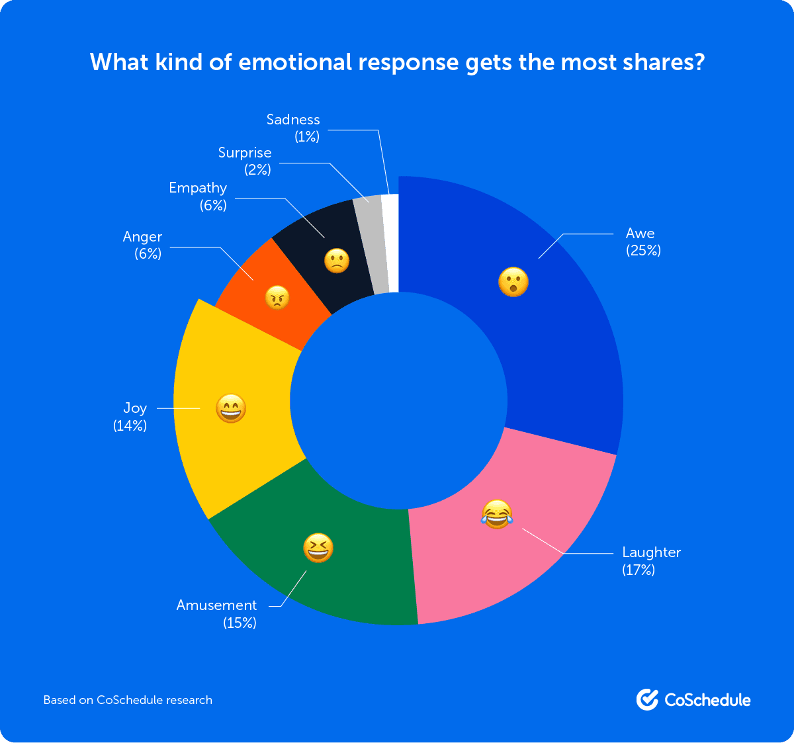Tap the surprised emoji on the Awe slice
[513, 283]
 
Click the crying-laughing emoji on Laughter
[497, 514]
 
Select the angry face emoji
[278, 298]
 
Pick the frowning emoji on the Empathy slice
[336, 261]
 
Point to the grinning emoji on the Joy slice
[231, 409]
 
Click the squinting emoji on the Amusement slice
[318, 548]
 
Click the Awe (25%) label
[642, 241]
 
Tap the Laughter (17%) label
[650, 560]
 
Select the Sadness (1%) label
[293, 128]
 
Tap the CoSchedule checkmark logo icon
[647, 699]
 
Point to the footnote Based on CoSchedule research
[128, 699]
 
